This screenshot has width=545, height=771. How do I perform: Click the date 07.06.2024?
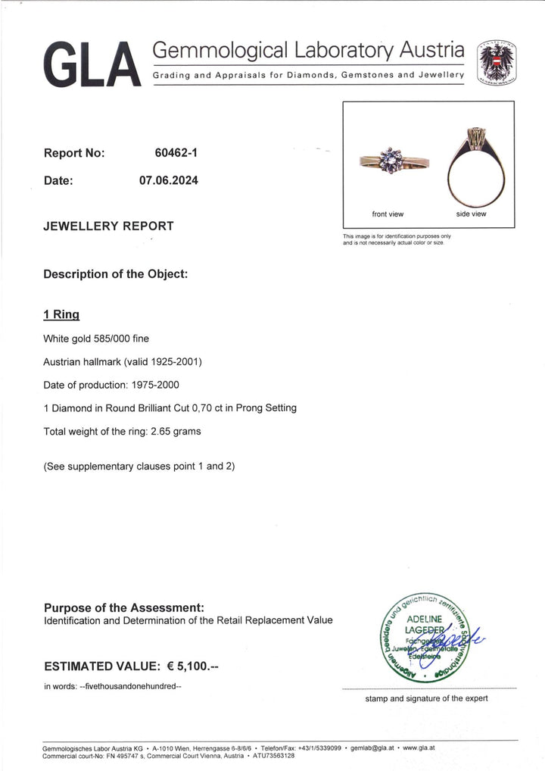tap(168, 181)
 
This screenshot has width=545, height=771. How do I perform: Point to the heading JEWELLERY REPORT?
tap(108, 226)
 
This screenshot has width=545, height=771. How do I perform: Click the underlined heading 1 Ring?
tap(61, 314)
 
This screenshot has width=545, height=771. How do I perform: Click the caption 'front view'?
tap(388, 214)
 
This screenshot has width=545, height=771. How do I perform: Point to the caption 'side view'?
tap(470, 214)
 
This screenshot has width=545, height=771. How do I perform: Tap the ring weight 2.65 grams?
tap(181, 431)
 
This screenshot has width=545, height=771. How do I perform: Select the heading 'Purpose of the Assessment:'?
tap(124, 607)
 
